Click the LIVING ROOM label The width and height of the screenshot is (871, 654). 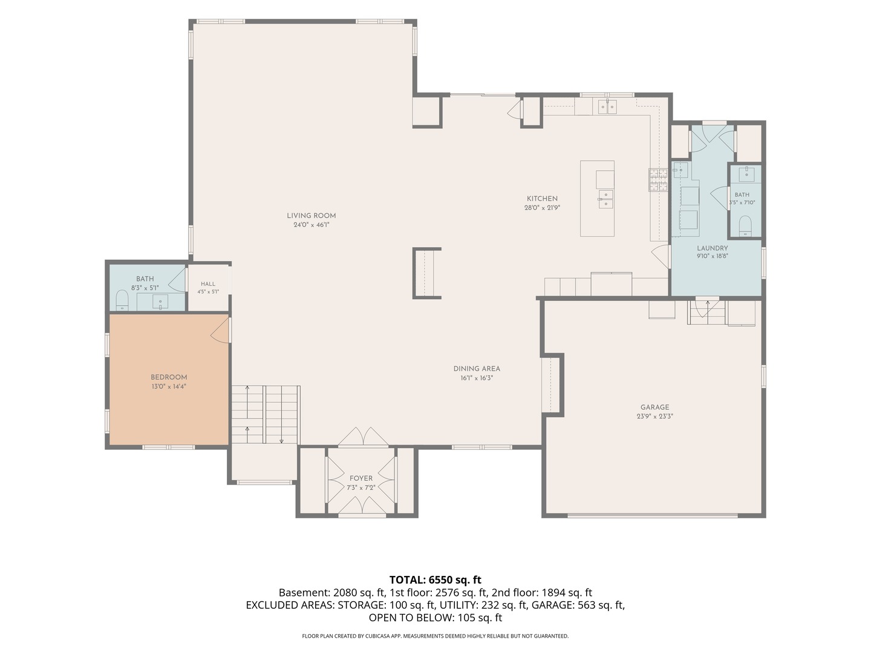[x=311, y=216]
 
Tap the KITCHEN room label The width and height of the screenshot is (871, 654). [x=542, y=199]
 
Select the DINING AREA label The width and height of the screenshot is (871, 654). [x=477, y=369]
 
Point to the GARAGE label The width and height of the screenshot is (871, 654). [x=654, y=407]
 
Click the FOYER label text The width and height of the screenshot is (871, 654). [x=361, y=478]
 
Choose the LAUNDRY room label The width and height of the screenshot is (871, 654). [x=713, y=248]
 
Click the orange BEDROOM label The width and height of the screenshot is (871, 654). [x=169, y=377]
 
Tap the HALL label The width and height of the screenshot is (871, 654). [x=208, y=284]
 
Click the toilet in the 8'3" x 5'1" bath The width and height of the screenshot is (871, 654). [x=122, y=300]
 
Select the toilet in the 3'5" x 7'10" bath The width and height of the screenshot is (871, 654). [x=746, y=226]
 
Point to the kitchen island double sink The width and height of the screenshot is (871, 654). [x=605, y=199]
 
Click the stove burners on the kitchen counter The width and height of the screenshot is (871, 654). [x=659, y=180]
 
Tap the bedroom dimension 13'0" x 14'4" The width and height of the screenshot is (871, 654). [x=169, y=386]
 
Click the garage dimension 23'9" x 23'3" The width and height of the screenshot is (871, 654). [x=654, y=416]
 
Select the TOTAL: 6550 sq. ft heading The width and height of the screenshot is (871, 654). [x=435, y=580]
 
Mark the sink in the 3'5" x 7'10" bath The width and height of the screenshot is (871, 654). [x=746, y=174]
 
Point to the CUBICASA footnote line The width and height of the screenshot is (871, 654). [x=435, y=636]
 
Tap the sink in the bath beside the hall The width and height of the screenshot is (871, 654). [x=160, y=302]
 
